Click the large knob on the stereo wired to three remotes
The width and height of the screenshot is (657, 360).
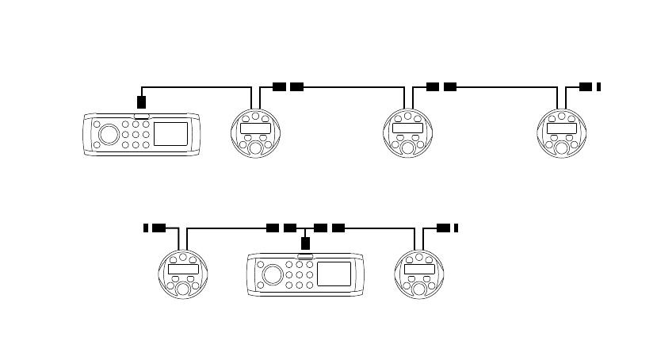[x=109, y=134]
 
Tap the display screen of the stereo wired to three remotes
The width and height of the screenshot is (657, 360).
[x=170, y=134]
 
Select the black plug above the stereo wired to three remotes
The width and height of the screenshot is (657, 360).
[x=141, y=101]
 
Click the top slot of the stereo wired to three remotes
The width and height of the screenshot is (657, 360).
[x=142, y=117]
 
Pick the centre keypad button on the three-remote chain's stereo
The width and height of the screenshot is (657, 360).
[x=136, y=135]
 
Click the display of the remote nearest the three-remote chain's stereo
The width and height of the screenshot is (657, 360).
[x=254, y=128]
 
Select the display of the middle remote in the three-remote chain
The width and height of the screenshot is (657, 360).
[x=407, y=128]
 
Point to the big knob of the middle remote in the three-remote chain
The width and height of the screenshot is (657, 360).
[x=407, y=146]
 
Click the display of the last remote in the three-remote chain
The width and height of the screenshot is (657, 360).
[x=561, y=128]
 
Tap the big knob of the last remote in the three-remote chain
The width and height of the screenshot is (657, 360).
[x=561, y=146]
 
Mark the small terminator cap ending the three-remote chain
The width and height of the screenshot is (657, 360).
[x=598, y=86]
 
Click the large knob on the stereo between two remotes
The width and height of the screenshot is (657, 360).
[x=272, y=275]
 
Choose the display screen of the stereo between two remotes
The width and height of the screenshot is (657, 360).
[x=334, y=274]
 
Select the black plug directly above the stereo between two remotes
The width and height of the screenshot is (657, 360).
[x=305, y=243]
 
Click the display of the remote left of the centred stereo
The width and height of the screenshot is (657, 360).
[x=182, y=270]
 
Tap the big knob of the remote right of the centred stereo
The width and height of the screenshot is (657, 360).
[x=418, y=287]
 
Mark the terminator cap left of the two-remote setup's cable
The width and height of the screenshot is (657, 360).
[x=146, y=228]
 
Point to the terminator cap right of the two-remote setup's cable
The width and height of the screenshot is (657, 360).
[x=456, y=228]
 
